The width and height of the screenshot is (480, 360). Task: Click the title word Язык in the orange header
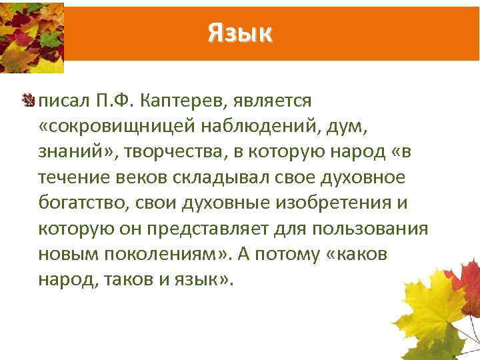[x=240, y=31]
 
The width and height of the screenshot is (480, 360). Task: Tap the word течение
[x=69, y=179]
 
